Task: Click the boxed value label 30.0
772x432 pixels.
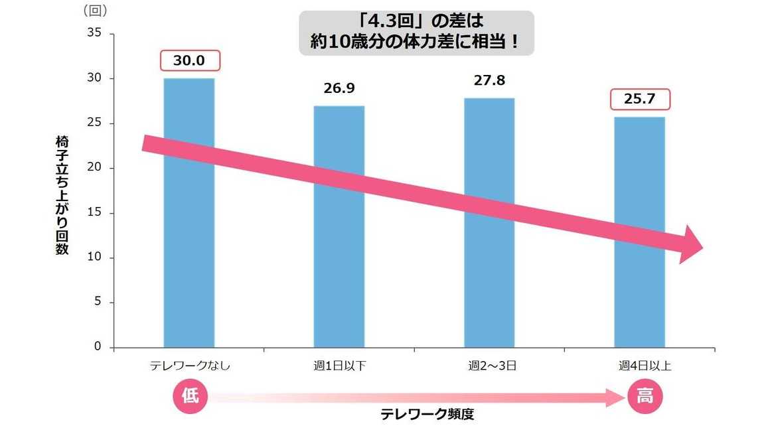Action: coord(189,62)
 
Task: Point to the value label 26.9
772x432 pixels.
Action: coord(339,89)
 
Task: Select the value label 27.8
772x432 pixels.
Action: coord(489,81)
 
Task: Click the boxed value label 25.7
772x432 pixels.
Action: coord(640,100)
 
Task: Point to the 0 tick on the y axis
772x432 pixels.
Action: coord(97,347)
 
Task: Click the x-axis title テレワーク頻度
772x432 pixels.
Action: coord(427,415)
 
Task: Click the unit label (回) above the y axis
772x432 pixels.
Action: coord(96,11)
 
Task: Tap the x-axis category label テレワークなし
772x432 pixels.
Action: coord(190,366)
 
